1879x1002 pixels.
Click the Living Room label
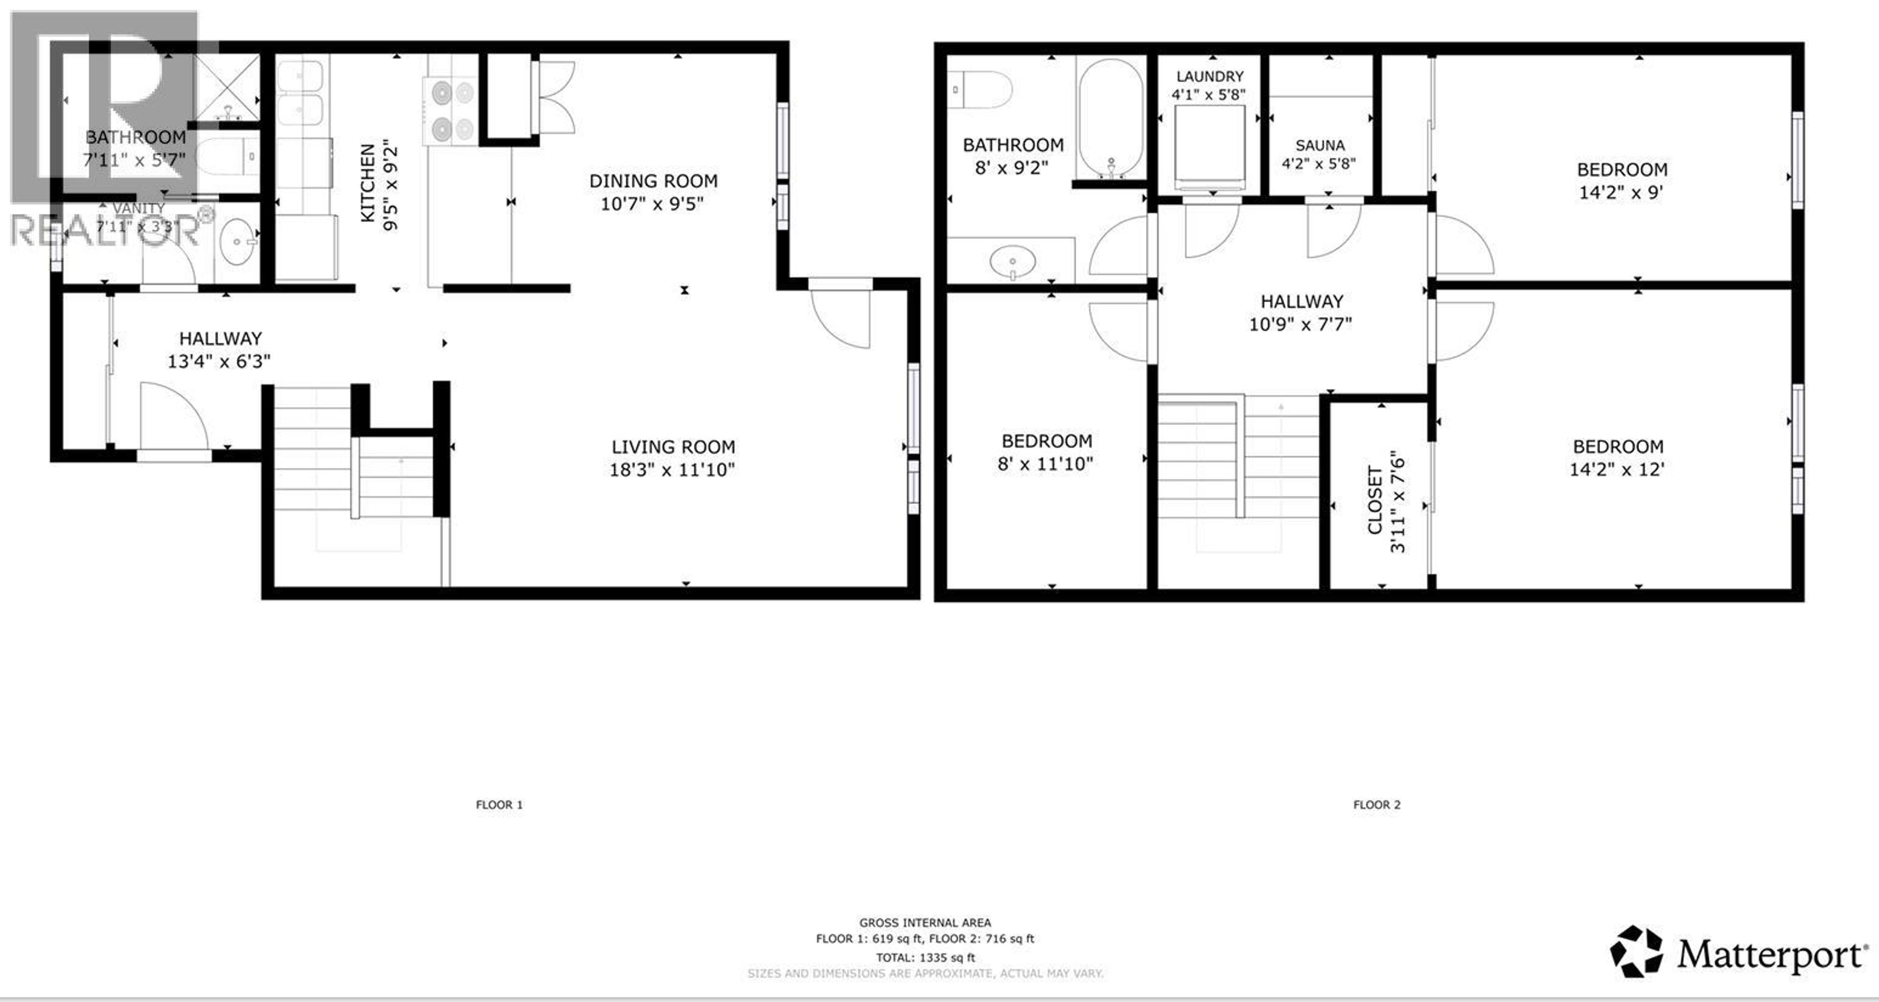(672, 446)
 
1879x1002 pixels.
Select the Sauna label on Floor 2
(1320, 145)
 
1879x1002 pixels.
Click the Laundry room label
(1210, 76)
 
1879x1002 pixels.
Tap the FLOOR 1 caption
(499, 804)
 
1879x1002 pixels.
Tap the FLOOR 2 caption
(1376, 804)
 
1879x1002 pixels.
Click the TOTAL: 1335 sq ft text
(925, 957)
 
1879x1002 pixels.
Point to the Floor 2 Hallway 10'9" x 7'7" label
(1301, 312)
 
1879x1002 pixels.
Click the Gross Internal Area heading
(925, 922)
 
